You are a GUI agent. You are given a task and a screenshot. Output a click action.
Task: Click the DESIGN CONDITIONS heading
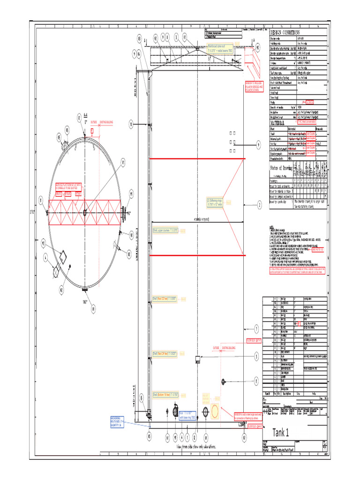287,32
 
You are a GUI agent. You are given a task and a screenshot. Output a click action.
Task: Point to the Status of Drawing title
281,168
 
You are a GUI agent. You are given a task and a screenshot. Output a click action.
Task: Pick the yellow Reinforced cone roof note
219,48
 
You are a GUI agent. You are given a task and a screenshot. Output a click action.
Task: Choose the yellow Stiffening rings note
216,202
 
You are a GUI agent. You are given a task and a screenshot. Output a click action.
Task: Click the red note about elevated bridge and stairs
255,87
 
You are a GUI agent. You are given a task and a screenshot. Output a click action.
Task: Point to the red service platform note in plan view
68,186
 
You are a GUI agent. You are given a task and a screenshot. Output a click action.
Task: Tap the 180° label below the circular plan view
86,302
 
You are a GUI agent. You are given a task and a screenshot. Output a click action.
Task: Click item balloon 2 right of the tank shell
258,204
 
